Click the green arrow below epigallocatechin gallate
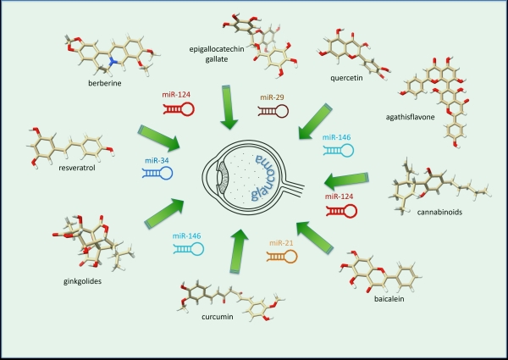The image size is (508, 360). click(229, 108)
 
